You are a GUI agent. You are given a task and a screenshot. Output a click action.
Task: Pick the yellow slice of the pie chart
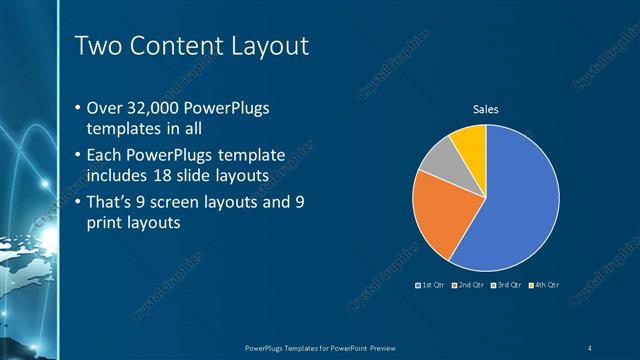pyautogui.click(x=470, y=141)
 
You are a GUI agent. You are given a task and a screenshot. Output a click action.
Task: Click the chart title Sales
pyautogui.click(x=485, y=109)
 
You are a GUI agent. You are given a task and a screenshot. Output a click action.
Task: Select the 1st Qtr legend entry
pyautogui.click(x=432, y=285)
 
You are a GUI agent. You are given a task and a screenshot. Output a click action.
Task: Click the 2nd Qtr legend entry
pyautogui.click(x=469, y=285)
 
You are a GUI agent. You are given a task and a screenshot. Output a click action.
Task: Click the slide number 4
pyautogui.click(x=591, y=347)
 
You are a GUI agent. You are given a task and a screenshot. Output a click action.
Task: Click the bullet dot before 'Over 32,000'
pyautogui.click(x=80, y=107)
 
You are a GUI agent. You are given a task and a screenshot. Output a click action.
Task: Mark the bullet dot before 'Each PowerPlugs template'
pyautogui.click(x=80, y=156)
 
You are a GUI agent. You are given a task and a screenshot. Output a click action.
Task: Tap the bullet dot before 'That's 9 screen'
pyautogui.click(x=80, y=204)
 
